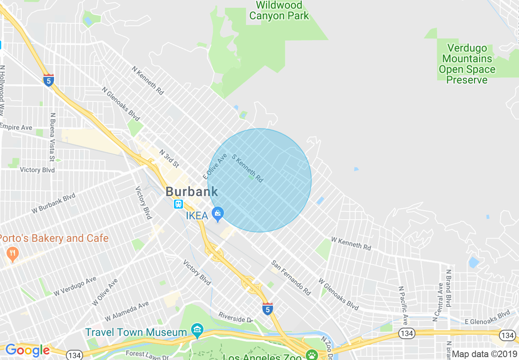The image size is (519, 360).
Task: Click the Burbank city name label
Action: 192,191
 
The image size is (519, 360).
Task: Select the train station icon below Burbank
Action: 178,204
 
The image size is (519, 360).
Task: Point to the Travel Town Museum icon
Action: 197,330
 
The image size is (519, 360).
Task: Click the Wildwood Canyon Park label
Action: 279,11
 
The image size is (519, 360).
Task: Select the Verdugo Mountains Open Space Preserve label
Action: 467,64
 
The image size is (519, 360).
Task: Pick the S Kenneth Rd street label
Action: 247,168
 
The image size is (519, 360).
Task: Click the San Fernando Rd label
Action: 291,278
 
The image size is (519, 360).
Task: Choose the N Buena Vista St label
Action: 52,137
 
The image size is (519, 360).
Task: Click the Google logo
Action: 27,350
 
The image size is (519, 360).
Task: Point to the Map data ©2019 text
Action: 484,354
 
